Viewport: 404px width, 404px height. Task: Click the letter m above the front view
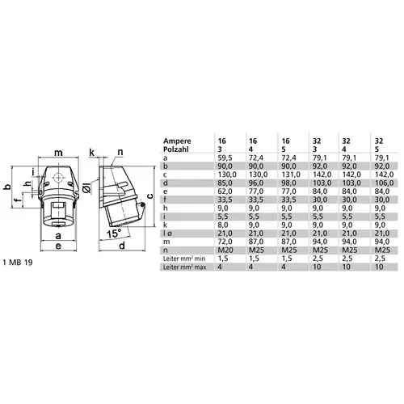pos(58,151)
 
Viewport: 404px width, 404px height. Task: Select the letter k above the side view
pos(92,151)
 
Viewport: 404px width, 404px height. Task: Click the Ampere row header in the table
pos(178,138)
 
